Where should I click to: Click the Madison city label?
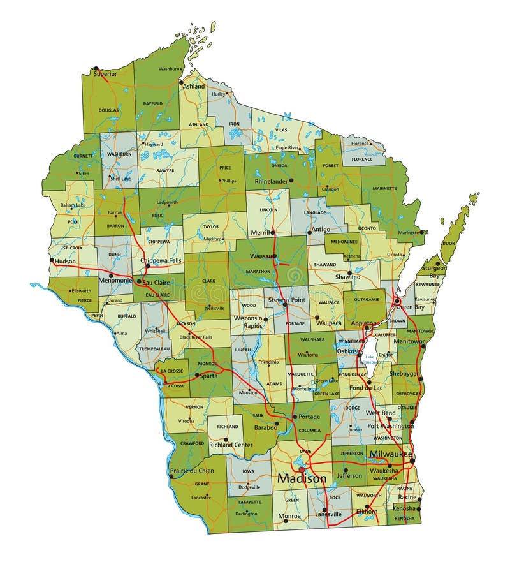click(x=302, y=478)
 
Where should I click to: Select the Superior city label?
click(x=105, y=74)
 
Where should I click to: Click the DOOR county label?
click(x=449, y=243)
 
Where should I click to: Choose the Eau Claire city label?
click(x=156, y=281)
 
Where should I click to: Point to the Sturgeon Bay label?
click(x=435, y=271)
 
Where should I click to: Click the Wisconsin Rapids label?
click(x=248, y=321)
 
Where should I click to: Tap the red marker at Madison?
click(x=302, y=469)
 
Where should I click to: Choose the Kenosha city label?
click(x=405, y=508)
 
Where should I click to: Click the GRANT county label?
click(x=201, y=484)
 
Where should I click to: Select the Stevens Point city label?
click(x=288, y=299)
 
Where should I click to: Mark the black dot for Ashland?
click(x=181, y=82)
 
